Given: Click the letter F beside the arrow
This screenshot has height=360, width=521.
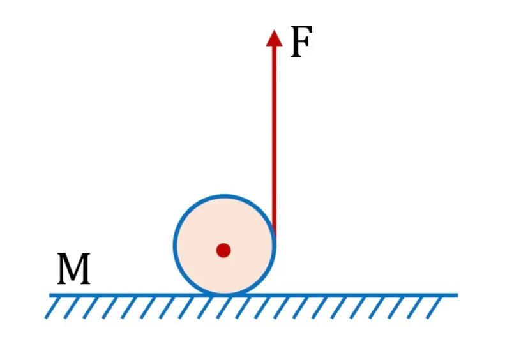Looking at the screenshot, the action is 301,41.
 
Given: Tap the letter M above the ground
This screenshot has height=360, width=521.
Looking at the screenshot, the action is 73,268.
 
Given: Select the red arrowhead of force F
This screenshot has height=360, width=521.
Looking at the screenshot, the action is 274,38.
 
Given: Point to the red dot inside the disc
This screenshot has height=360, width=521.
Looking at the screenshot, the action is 223,250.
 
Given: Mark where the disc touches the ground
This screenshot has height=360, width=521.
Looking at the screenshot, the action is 225,295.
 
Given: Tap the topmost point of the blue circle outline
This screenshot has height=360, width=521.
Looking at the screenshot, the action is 225,196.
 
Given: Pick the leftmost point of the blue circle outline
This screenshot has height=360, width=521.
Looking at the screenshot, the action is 174,246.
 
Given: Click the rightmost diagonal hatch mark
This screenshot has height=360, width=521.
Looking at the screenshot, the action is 434,308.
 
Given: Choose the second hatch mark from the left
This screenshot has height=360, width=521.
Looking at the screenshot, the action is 72,308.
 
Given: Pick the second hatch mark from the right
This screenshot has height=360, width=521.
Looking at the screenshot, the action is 415,308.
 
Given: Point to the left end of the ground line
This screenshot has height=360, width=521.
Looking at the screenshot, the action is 50,296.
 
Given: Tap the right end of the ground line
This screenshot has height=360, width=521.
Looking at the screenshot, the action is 458,296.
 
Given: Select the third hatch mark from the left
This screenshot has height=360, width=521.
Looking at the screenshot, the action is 91,308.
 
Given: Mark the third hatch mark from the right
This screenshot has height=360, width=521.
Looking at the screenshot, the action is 396,308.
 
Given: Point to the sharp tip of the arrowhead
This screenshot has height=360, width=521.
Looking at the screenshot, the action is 274,30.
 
